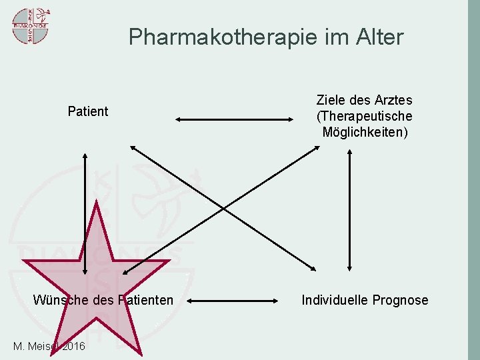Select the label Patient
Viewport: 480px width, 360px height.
(88, 111)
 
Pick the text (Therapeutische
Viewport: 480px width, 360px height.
(364, 116)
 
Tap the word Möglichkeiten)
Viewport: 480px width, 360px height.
(365, 132)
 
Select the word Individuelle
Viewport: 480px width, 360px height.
(335, 300)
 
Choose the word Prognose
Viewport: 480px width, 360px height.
(400, 300)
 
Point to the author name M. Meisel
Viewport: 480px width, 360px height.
(35, 346)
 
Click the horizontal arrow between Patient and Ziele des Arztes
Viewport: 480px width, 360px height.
(234, 120)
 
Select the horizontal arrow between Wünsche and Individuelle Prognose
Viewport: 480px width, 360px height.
(233, 301)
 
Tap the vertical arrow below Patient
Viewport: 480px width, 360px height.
(85, 213)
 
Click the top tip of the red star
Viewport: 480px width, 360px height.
(98, 204)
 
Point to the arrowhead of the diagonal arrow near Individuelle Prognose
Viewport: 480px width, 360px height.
(315, 269)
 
